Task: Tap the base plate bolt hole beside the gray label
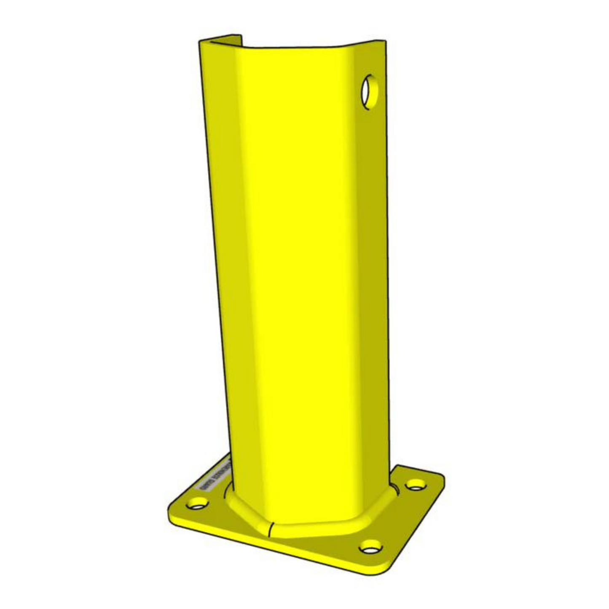tap(197, 503)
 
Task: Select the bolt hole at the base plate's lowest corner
tap(370, 548)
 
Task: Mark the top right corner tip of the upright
tap(385, 41)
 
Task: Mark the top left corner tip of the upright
tap(200, 41)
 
